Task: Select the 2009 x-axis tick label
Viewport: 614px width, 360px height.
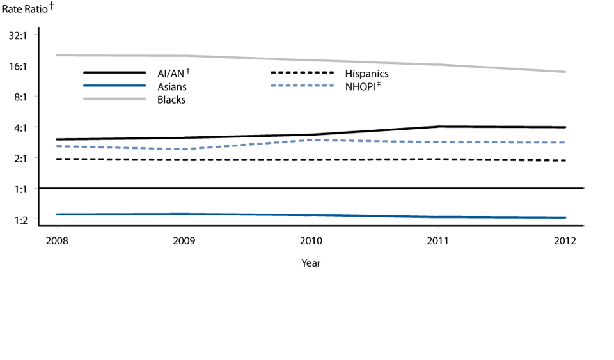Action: coord(184,240)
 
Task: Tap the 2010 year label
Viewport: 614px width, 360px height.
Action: coord(311,240)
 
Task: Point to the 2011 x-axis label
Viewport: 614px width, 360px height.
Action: coord(438,240)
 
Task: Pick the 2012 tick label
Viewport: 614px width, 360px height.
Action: coord(565,240)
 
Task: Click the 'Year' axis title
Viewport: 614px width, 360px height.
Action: coord(311,263)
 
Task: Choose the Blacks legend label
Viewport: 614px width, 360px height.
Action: coord(171,100)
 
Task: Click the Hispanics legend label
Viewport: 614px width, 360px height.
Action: coord(366,74)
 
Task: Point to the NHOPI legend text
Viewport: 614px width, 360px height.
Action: coord(362,86)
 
